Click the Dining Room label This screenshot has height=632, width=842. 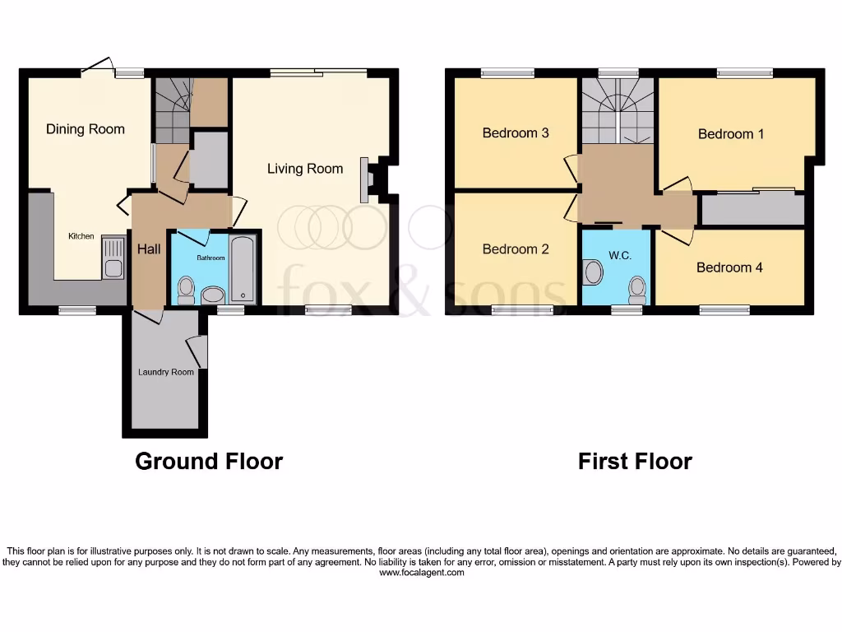[x=86, y=129]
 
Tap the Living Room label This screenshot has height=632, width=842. [x=305, y=169]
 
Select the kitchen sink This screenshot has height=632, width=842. [x=113, y=267]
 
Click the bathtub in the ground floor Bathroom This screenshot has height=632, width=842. [x=243, y=269]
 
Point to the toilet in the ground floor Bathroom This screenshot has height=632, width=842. [x=187, y=290]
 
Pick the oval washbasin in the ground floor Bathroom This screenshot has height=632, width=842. [x=213, y=295]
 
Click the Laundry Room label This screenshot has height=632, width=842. [x=166, y=372]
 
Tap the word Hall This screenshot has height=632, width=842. [x=149, y=249]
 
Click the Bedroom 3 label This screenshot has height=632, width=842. [x=516, y=133]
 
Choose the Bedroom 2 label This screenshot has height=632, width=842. [x=516, y=249]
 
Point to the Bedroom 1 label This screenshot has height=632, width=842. [x=731, y=134]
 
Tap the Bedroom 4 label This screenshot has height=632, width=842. [x=729, y=267]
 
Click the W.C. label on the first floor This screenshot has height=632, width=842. [x=621, y=256]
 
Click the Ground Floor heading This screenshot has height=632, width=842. [x=209, y=462]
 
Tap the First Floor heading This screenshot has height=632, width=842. [x=635, y=462]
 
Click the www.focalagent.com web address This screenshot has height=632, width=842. [x=421, y=573]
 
